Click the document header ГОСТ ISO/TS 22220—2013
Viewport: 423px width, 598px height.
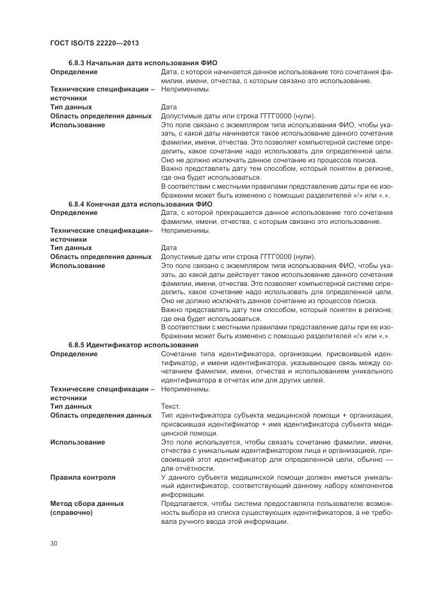(94, 43)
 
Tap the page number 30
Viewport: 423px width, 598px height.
(54, 544)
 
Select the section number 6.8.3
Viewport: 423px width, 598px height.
(77, 63)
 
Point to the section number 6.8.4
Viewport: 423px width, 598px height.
(77, 204)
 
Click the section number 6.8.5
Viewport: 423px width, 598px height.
(77, 345)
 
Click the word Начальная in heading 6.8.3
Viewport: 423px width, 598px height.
(106, 63)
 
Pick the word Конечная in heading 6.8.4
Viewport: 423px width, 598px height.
(104, 204)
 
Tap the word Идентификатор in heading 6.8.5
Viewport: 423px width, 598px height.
(115, 345)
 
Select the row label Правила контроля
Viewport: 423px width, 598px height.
(83, 477)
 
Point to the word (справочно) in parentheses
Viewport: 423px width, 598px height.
(71, 513)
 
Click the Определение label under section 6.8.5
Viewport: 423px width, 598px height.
(74, 354)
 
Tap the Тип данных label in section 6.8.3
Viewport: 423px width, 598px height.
(71, 107)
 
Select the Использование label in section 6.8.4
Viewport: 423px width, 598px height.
(77, 265)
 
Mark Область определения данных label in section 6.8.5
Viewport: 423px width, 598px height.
(101, 416)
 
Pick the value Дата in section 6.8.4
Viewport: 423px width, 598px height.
(169, 248)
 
